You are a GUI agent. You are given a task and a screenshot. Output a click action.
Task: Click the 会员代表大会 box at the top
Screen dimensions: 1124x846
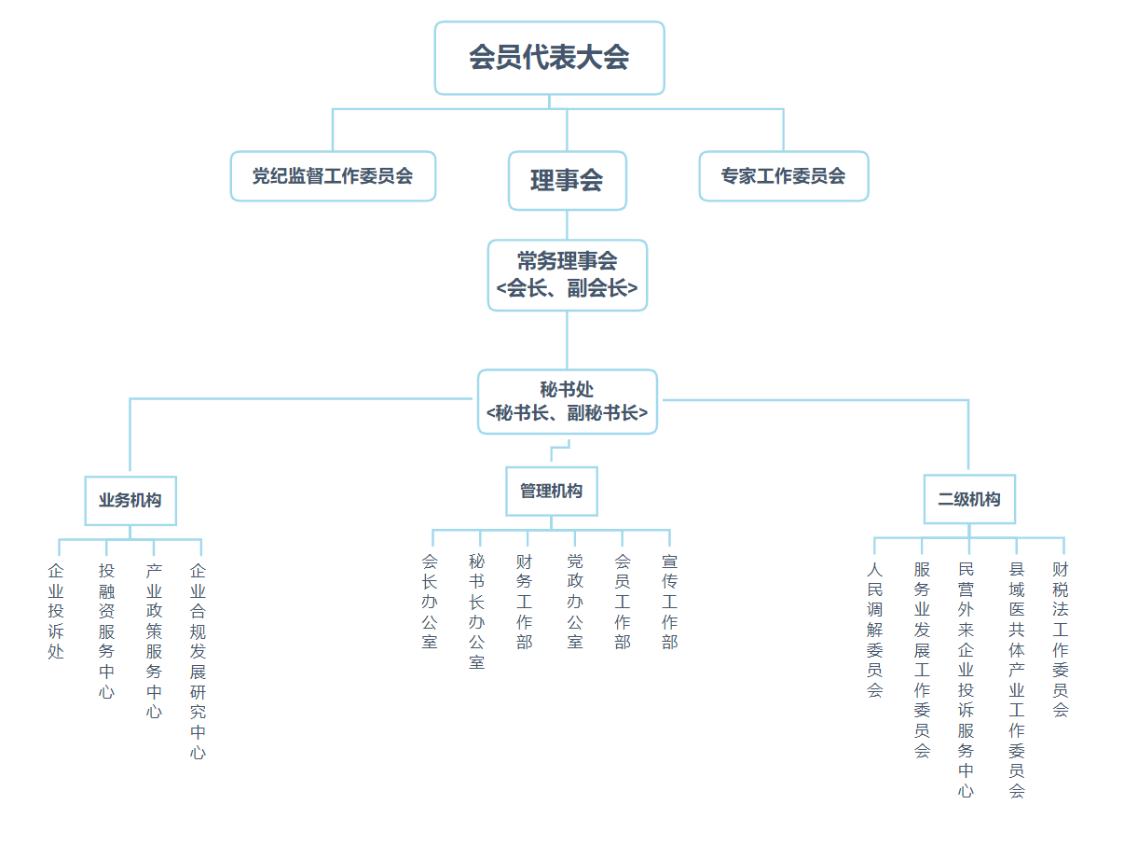click(549, 58)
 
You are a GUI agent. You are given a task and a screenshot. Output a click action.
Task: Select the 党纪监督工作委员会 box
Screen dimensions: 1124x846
click(333, 175)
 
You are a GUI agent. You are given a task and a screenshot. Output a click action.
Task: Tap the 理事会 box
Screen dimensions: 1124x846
click(567, 180)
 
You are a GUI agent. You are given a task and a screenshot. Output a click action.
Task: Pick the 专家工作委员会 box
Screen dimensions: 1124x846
click(784, 175)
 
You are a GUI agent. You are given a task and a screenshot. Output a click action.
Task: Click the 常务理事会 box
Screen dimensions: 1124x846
click(567, 275)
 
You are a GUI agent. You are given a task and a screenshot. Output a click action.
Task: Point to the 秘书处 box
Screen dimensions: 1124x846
click(567, 402)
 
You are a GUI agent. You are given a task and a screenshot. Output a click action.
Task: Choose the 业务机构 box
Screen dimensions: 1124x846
click(130, 501)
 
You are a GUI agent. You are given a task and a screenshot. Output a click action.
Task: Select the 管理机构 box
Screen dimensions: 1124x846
click(552, 491)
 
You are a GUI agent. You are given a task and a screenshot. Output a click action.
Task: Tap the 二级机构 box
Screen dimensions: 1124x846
click(969, 499)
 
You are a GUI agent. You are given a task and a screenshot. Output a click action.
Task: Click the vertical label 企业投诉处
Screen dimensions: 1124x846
click(56, 611)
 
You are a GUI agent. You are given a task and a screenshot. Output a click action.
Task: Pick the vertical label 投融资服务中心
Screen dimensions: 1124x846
click(106, 631)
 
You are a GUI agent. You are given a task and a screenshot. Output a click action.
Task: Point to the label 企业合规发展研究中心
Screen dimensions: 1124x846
click(199, 661)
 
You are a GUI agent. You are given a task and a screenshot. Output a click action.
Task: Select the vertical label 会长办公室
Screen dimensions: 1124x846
click(430, 602)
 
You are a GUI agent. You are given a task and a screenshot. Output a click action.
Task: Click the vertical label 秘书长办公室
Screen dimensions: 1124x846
click(477, 611)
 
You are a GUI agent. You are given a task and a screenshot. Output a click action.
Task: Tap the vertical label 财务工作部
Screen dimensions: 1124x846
click(525, 602)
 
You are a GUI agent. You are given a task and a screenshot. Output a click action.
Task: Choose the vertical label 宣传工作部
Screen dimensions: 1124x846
click(670, 602)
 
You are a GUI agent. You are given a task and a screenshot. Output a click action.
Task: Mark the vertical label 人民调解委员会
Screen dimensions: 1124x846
click(875, 630)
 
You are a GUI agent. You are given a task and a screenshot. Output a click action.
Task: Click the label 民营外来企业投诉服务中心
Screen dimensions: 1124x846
click(966, 680)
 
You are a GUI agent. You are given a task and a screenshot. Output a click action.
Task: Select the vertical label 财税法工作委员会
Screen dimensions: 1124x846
click(1061, 640)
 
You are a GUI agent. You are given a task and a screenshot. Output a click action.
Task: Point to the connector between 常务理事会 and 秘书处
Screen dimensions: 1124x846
click(567, 340)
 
